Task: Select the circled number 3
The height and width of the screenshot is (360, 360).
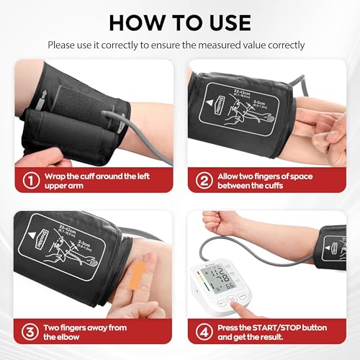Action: click(x=30, y=332)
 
